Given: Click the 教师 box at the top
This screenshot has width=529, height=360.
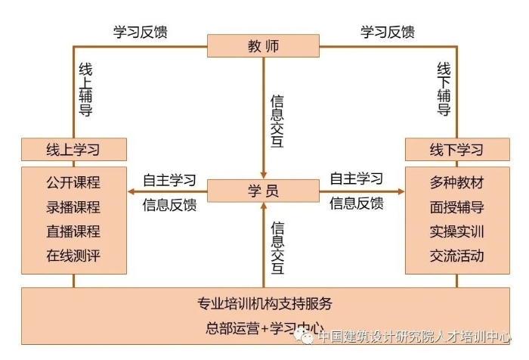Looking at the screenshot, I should (x=263, y=46).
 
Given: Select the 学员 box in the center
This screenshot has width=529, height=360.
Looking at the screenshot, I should (x=263, y=191).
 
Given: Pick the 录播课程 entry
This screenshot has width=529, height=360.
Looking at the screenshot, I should (x=73, y=207).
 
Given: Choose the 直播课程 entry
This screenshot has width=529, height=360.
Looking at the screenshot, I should (x=73, y=231).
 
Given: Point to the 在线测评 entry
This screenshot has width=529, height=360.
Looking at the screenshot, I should (x=73, y=256).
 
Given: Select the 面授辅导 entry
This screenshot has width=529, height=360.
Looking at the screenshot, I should (x=456, y=207).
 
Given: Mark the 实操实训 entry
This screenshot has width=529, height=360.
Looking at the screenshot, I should (x=456, y=231).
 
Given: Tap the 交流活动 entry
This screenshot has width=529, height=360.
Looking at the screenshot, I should (x=456, y=256).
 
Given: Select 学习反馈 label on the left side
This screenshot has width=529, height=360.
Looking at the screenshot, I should (x=141, y=32).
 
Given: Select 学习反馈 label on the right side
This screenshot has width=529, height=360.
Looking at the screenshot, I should (x=387, y=32).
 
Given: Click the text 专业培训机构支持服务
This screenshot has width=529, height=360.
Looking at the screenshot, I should (x=264, y=306).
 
